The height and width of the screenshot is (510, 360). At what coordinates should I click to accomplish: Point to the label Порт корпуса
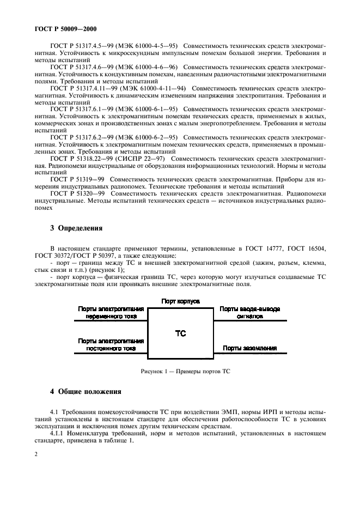181,301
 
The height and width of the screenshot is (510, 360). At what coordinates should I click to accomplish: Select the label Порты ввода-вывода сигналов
250,312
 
